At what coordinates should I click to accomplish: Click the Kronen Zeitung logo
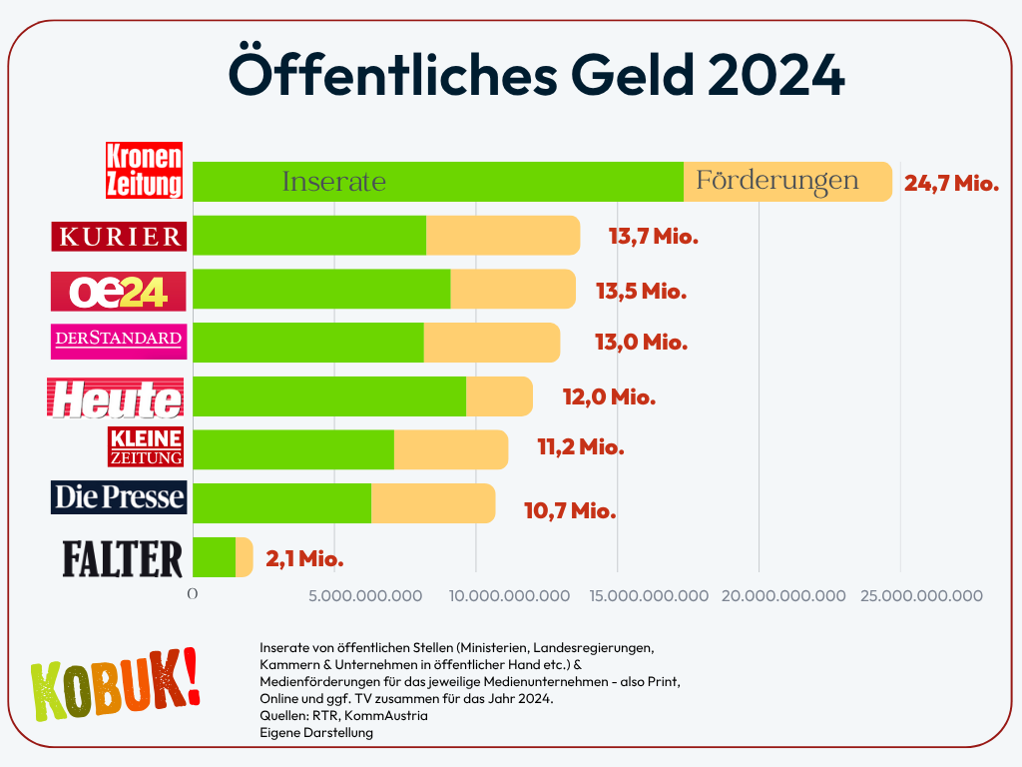(x=146, y=170)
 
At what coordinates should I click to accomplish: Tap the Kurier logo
(x=120, y=236)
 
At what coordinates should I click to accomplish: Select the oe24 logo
(x=119, y=290)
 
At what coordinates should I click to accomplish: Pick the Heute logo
(x=116, y=397)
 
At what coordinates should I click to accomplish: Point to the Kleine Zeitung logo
(x=146, y=446)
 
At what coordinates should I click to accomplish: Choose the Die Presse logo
(x=119, y=497)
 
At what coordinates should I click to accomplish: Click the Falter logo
(x=123, y=558)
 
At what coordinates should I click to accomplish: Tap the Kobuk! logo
(x=114, y=685)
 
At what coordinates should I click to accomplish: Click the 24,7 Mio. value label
(x=951, y=184)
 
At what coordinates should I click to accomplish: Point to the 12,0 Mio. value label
(x=609, y=396)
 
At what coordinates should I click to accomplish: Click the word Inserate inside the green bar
(x=333, y=183)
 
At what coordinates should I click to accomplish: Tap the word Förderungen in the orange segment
(x=776, y=181)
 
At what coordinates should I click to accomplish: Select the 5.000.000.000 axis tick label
(x=365, y=596)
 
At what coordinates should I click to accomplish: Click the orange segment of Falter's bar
(x=245, y=557)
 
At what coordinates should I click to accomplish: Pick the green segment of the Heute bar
(x=329, y=396)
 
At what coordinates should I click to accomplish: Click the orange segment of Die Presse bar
(x=433, y=503)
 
